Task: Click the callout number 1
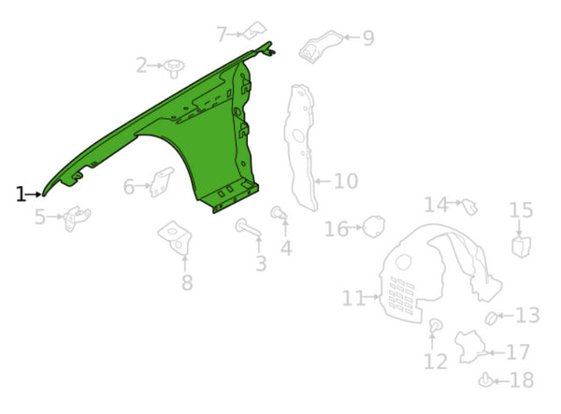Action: click(22, 194)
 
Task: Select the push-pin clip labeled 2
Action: click(174, 68)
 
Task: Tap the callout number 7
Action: click(223, 35)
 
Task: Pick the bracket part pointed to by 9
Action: click(321, 47)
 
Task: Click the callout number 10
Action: click(346, 181)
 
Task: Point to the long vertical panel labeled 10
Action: click(301, 148)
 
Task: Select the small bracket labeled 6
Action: click(162, 182)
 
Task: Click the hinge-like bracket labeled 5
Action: click(77, 218)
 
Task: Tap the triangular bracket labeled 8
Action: click(176, 237)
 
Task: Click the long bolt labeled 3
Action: click(248, 228)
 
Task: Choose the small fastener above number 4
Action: click(279, 213)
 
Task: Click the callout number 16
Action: click(336, 229)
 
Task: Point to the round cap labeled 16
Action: click(374, 226)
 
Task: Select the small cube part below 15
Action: click(522, 247)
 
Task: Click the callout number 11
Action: click(353, 298)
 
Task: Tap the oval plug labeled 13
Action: click(491, 318)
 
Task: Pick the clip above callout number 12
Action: click(436, 325)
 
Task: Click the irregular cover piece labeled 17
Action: click(470, 347)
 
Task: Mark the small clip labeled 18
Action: click(485, 380)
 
